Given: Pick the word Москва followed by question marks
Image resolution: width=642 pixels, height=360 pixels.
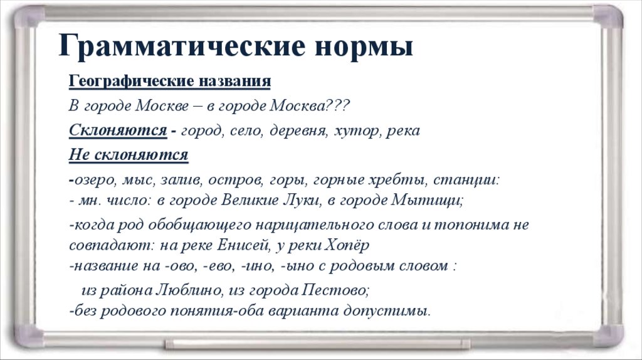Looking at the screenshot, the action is [297, 105].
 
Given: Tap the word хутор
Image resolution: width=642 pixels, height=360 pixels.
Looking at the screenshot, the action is [357, 131].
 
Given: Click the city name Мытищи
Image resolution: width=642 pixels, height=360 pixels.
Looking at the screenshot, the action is [427, 200].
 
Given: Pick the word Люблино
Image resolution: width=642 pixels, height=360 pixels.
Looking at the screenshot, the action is [188, 290].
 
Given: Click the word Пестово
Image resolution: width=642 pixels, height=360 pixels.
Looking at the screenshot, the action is [335, 290].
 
